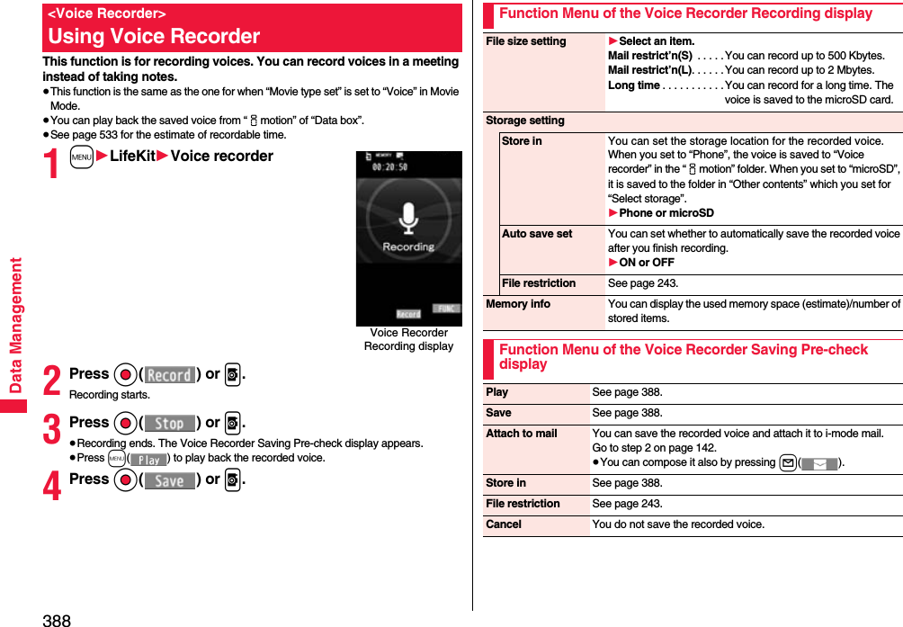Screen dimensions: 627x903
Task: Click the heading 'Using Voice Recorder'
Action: pyautogui.click(x=154, y=37)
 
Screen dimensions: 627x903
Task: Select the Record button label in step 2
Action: pyautogui.click(x=169, y=375)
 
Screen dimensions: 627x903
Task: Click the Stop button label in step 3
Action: pyautogui.click(x=169, y=424)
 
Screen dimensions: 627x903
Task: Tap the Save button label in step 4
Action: pyautogui.click(x=169, y=481)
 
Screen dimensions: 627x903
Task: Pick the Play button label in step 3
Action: pyautogui.click(x=148, y=460)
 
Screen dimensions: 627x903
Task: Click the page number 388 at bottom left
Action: pyautogui.click(x=56, y=620)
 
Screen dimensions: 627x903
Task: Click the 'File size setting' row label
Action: pyautogui.click(x=526, y=41)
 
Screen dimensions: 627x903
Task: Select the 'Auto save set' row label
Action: pyautogui.click(x=537, y=234)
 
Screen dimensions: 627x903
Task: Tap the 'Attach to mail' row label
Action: pyautogui.click(x=522, y=434)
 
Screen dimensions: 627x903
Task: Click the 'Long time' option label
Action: pyautogui.click(x=634, y=85)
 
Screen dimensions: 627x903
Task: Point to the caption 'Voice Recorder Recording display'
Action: pyautogui.click(x=408, y=339)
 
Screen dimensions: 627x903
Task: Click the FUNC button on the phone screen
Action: pyautogui.click(x=445, y=309)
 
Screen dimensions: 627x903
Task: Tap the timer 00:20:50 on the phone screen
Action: pyautogui.click(x=391, y=167)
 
